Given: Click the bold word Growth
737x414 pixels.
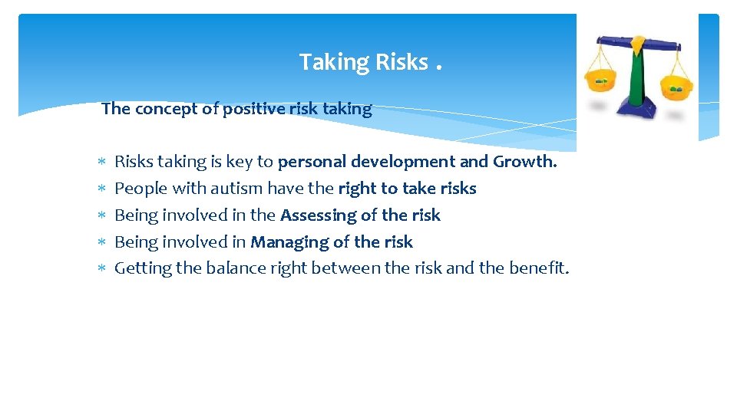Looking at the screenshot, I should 525,162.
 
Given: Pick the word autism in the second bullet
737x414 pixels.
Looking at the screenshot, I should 238,189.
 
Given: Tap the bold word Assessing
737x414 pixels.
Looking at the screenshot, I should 317,215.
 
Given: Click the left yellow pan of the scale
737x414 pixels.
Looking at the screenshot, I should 603,80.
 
